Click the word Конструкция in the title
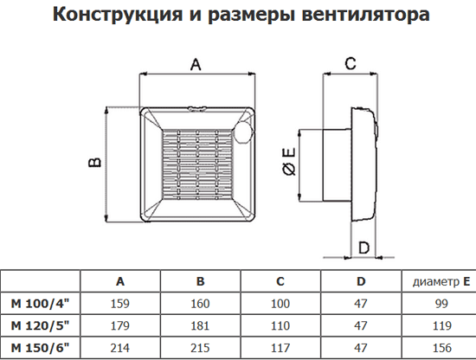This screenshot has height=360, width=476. click(118, 15)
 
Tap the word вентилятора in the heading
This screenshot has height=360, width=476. click(366, 14)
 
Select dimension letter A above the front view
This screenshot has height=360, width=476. click(196, 64)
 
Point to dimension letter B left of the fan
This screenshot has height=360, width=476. click(94, 162)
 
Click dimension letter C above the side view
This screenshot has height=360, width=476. click(351, 64)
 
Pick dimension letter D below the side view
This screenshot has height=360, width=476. click(363, 247)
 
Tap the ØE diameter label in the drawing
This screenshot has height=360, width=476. click(289, 161)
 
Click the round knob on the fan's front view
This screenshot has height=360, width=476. click(243, 132)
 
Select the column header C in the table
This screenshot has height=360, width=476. click(280, 282)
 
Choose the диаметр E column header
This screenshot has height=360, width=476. click(441, 282)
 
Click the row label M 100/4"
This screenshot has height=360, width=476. click(41, 304)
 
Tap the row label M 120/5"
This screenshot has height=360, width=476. click(41, 325)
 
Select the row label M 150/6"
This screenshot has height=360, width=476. click(41, 348)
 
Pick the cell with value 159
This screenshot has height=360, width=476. click(120, 304)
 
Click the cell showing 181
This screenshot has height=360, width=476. click(201, 325)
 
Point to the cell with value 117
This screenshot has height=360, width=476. click(280, 348)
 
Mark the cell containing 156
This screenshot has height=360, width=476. click(442, 348)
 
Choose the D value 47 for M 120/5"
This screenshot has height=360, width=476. click(361, 325)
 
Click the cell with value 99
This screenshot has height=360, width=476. click(441, 304)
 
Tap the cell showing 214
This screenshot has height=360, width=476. click(120, 348)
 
